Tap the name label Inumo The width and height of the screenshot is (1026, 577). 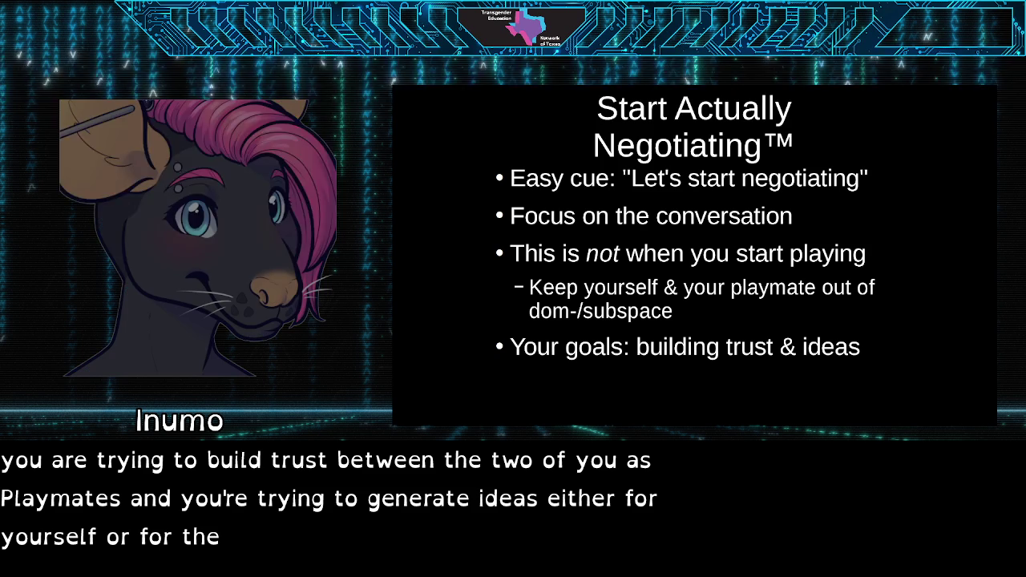pyautogui.click(x=179, y=421)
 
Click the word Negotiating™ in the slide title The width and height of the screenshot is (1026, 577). pyautogui.click(x=693, y=145)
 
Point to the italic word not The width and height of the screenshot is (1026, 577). pyautogui.click(x=602, y=254)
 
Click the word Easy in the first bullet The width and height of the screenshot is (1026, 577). pyautogui.click(x=536, y=178)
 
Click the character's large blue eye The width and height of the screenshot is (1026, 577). pyautogui.click(x=195, y=216)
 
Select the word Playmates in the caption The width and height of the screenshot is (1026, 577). pyautogui.click(x=60, y=498)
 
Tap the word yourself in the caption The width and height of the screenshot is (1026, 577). pyautogui.click(x=48, y=537)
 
